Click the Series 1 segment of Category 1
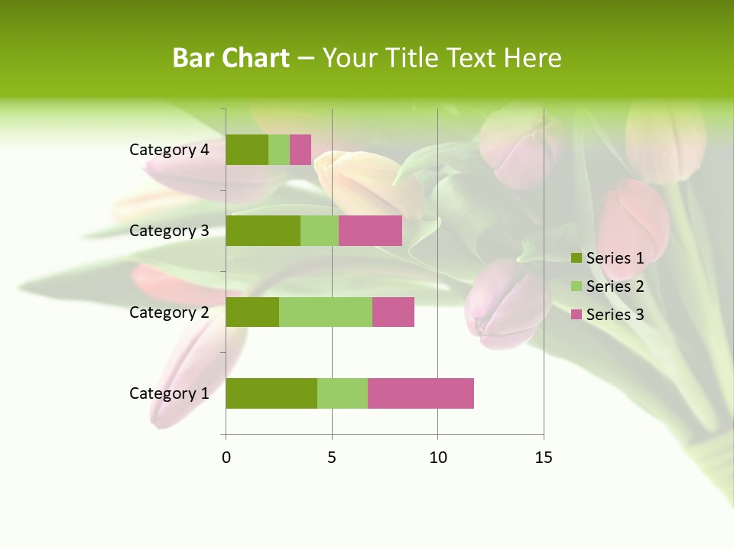[x=271, y=393]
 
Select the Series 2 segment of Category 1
[x=343, y=393]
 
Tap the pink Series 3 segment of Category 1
[x=421, y=393]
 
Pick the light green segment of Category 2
[x=326, y=312]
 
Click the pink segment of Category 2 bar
[x=393, y=312]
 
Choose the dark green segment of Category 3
[x=263, y=231]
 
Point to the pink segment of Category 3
[x=370, y=231]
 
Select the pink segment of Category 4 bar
[x=300, y=150]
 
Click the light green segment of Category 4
[x=279, y=150]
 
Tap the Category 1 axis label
[x=169, y=393]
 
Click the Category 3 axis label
[x=169, y=231]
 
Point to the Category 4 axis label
[x=169, y=150]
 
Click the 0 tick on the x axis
[x=226, y=458]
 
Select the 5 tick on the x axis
[x=332, y=458]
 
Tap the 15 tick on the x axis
[x=543, y=458]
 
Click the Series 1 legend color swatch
[x=576, y=258]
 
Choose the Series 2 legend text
[x=615, y=286]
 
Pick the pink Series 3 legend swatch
[x=576, y=315]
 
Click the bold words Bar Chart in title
[x=231, y=58]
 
